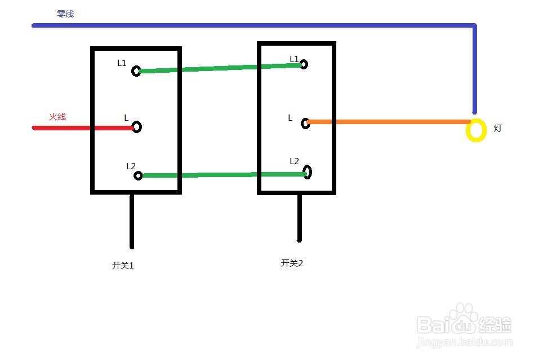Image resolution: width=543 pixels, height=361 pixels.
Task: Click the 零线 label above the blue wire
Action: pos(65,14)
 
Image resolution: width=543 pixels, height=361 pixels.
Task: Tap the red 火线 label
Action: pos(57,117)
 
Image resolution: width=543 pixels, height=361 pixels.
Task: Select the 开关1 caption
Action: pos(123,265)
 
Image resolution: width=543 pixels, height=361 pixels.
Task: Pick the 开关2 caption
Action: pos(292,263)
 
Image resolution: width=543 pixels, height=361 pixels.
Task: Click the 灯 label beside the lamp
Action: pos(498,128)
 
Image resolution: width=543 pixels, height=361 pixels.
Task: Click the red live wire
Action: pos(83,128)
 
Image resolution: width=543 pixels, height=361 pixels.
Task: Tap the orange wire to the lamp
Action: pos(389,122)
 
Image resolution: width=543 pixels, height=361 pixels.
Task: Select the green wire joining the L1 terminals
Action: pos(220,68)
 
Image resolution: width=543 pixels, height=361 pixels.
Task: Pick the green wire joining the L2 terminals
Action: pos(224,175)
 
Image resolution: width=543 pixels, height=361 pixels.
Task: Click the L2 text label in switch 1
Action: pos(131,166)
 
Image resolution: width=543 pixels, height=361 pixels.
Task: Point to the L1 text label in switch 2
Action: pos(294,59)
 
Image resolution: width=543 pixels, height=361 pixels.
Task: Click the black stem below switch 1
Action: pos(132,221)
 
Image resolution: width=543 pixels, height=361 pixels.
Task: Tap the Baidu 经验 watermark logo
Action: pos(464,325)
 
